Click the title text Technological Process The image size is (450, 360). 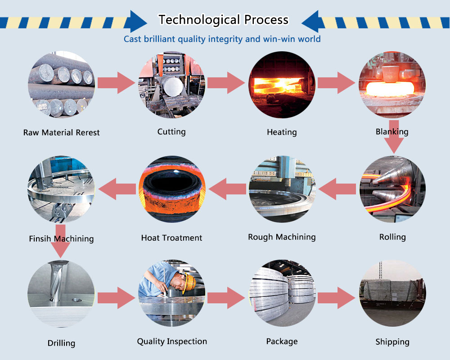[x=223, y=20]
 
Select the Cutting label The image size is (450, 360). [x=171, y=132]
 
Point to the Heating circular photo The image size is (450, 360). [x=282, y=84]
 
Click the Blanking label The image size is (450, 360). [x=392, y=132]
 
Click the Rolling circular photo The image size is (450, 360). [x=392, y=189]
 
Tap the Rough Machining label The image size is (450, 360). [x=282, y=237]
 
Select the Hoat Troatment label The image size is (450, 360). [x=171, y=238]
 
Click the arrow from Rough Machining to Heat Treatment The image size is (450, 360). [x=227, y=189]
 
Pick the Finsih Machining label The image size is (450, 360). [x=61, y=238]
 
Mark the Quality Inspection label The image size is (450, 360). [x=172, y=342]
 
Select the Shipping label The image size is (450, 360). [x=392, y=342]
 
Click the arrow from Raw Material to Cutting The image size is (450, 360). [x=116, y=83]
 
